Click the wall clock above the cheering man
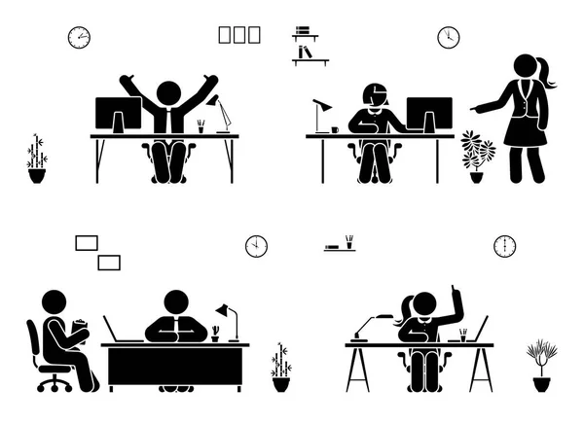click(79, 38)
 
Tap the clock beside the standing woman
click(448, 38)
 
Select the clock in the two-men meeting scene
click(256, 245)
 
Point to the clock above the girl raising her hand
click(504, 246)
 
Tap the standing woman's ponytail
click(548, 74)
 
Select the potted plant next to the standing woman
click(477, 156)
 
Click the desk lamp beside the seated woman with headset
click(322, 113)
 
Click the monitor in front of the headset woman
click(428, 115)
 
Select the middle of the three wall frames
click(239, 36)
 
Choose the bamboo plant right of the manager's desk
click(281, 366)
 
